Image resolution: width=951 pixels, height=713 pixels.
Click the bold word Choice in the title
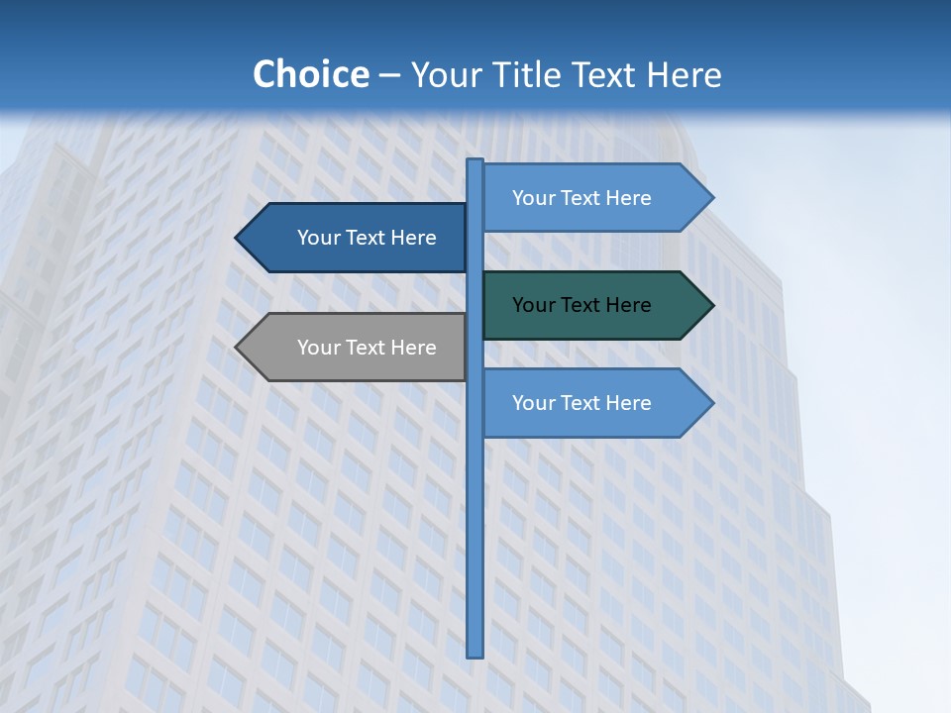pyautogui.click(x=310, y=74)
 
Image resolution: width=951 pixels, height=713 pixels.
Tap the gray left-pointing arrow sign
pyautogui.click(x=357, y=348)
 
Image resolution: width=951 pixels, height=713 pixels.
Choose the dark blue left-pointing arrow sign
pyautogui.click(x=357, y=238)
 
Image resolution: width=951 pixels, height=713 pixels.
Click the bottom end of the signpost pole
pyautogui.click(x=475, y=655)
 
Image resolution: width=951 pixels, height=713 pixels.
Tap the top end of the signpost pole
pyautogui.click(x=475, y=161)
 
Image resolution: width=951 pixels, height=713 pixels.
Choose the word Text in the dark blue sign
pyautogui.click(x=367, y=238)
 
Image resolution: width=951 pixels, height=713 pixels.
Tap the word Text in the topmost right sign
pyautogui.click(x=581, y=198)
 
